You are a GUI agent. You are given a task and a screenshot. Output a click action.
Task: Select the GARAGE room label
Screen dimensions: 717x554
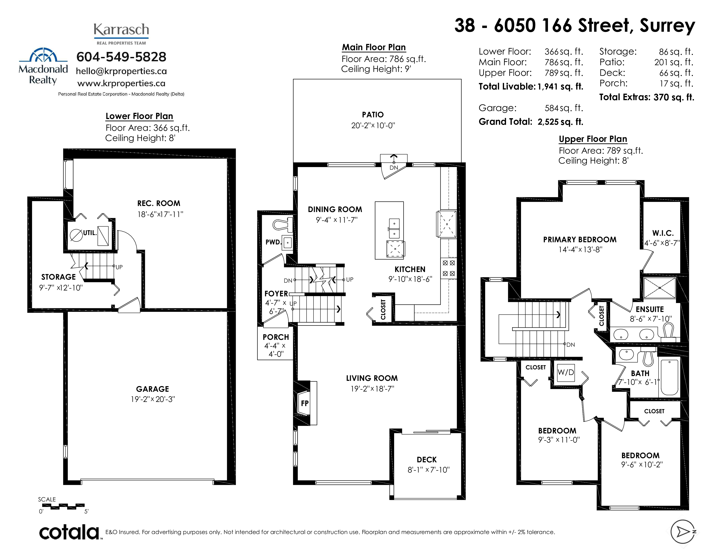point(153,389)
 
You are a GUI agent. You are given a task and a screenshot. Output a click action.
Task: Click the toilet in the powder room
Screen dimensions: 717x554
point(282,224)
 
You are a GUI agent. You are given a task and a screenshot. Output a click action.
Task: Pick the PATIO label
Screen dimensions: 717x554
point(373,114)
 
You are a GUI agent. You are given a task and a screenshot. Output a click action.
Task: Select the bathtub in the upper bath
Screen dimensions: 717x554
point(669,377)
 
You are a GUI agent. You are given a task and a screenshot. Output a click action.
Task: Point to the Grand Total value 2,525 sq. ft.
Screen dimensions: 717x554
point(560,122)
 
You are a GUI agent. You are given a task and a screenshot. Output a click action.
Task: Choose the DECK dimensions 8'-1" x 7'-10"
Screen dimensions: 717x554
point(428,470)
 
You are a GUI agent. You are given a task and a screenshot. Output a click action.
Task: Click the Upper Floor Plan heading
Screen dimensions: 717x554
point(593,139)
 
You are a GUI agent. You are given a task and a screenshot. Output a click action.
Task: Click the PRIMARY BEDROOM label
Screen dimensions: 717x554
point(580,240)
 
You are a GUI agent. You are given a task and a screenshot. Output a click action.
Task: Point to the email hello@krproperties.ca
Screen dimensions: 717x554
point(121,71)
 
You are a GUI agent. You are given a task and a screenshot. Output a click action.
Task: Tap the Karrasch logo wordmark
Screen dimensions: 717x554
point(121,30)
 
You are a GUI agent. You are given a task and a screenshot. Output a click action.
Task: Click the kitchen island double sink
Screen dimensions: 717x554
point(394,228)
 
